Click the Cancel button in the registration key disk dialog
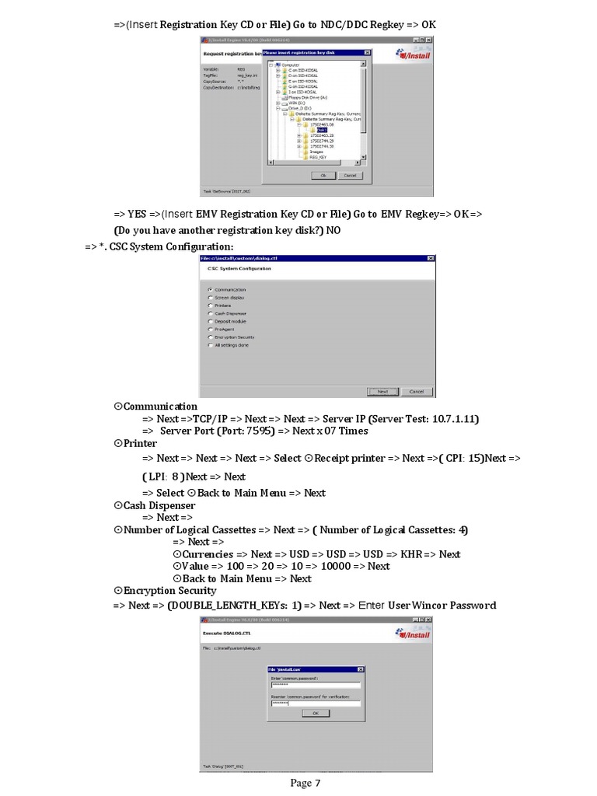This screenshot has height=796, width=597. tap(350, 176)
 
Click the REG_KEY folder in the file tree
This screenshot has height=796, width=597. tap(318, 157)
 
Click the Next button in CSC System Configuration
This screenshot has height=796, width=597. tap(382, 391)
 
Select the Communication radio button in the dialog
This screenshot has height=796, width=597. tap(210, 289)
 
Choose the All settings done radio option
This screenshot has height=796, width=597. tap(210, 345)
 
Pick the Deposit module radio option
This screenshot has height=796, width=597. tap(210, 321)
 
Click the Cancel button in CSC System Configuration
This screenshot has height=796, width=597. tap(417, 391)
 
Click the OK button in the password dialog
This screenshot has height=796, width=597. tap(315, 712)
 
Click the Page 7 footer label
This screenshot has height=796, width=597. tap(305, 783)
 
